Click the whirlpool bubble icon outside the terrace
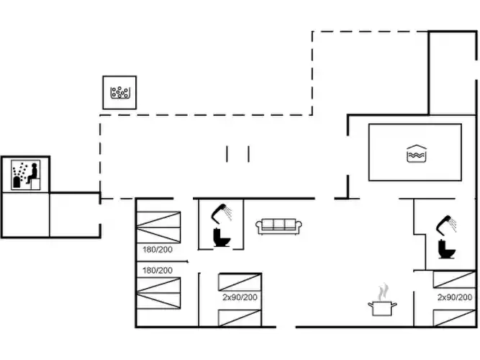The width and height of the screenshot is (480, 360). click(x=119, y=93)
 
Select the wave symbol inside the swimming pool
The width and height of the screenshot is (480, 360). click(x=415, y=153)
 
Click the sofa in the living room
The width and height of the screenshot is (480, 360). click(x=279, y=226)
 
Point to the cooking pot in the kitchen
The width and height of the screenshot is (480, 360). click(x=382, y=308)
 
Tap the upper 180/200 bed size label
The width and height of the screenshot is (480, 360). click(x=157, y=250)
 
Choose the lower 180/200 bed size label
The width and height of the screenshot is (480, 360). click(x=157, y=270)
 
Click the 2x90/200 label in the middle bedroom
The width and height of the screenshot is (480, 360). click(x=239, y=297)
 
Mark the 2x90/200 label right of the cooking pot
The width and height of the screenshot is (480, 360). click(x=455, y=297)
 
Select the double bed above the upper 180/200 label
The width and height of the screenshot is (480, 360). click(x=158, y=227)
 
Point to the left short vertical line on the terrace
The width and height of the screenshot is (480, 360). click(x=227, y=154)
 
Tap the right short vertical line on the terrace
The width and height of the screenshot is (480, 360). click(x=248, y=154)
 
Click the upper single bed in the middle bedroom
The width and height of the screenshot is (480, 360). click(x=240, y=282)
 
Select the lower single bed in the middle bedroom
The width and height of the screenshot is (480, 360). click(x=240, y=315)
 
